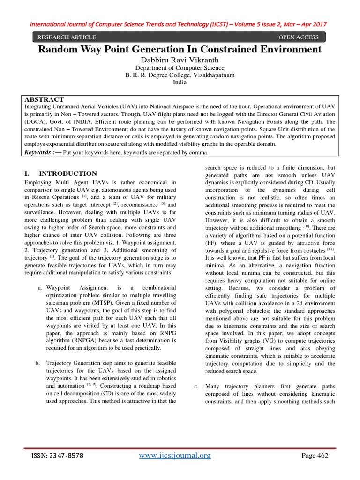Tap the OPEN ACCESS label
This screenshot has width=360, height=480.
[x=299, y=37]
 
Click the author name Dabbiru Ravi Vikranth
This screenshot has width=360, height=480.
[x=180, y=60]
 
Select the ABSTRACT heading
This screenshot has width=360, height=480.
[x=44, y=99]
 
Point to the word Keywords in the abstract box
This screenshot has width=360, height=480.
[x=39, y=152]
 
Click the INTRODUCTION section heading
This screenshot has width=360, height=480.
[x=68, y=173]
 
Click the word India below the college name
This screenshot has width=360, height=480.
[x=180, y=82]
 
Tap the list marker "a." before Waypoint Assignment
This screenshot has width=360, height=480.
[x=40, y=287]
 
